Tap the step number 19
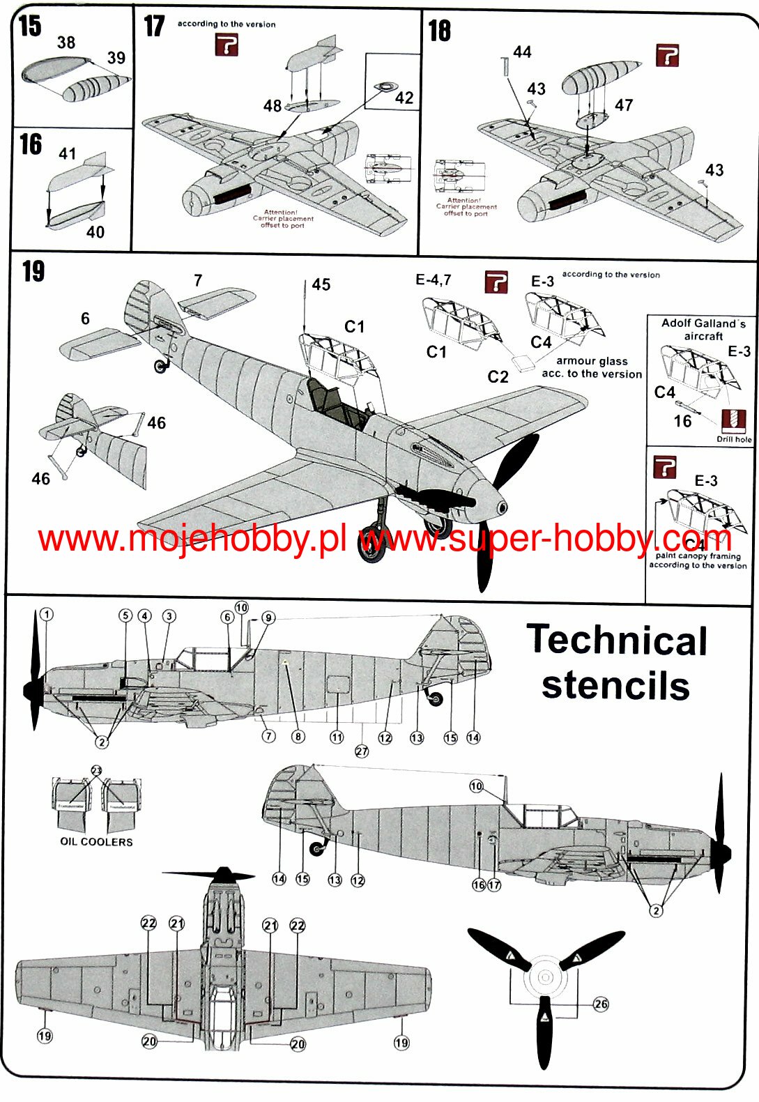pos(33,271)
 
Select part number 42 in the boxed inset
pos(404,98)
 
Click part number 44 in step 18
pos(522,52)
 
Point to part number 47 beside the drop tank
pos(623,105)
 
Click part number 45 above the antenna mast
pos(321,284)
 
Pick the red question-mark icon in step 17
pos(227,46)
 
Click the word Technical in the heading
pos(617,640)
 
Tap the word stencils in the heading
pos(615,685)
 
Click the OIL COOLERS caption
pos(96,841)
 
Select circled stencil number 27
pos(362,751)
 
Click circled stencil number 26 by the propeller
pos(601,1004)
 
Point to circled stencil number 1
pos(46,614)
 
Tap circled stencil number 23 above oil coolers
pos(96,770)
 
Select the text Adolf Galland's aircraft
pos(703,329)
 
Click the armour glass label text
pos(592,367)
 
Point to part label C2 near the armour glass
pos(498,377)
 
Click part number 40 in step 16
pos(95,232)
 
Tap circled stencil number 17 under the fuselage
pos(494,885)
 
